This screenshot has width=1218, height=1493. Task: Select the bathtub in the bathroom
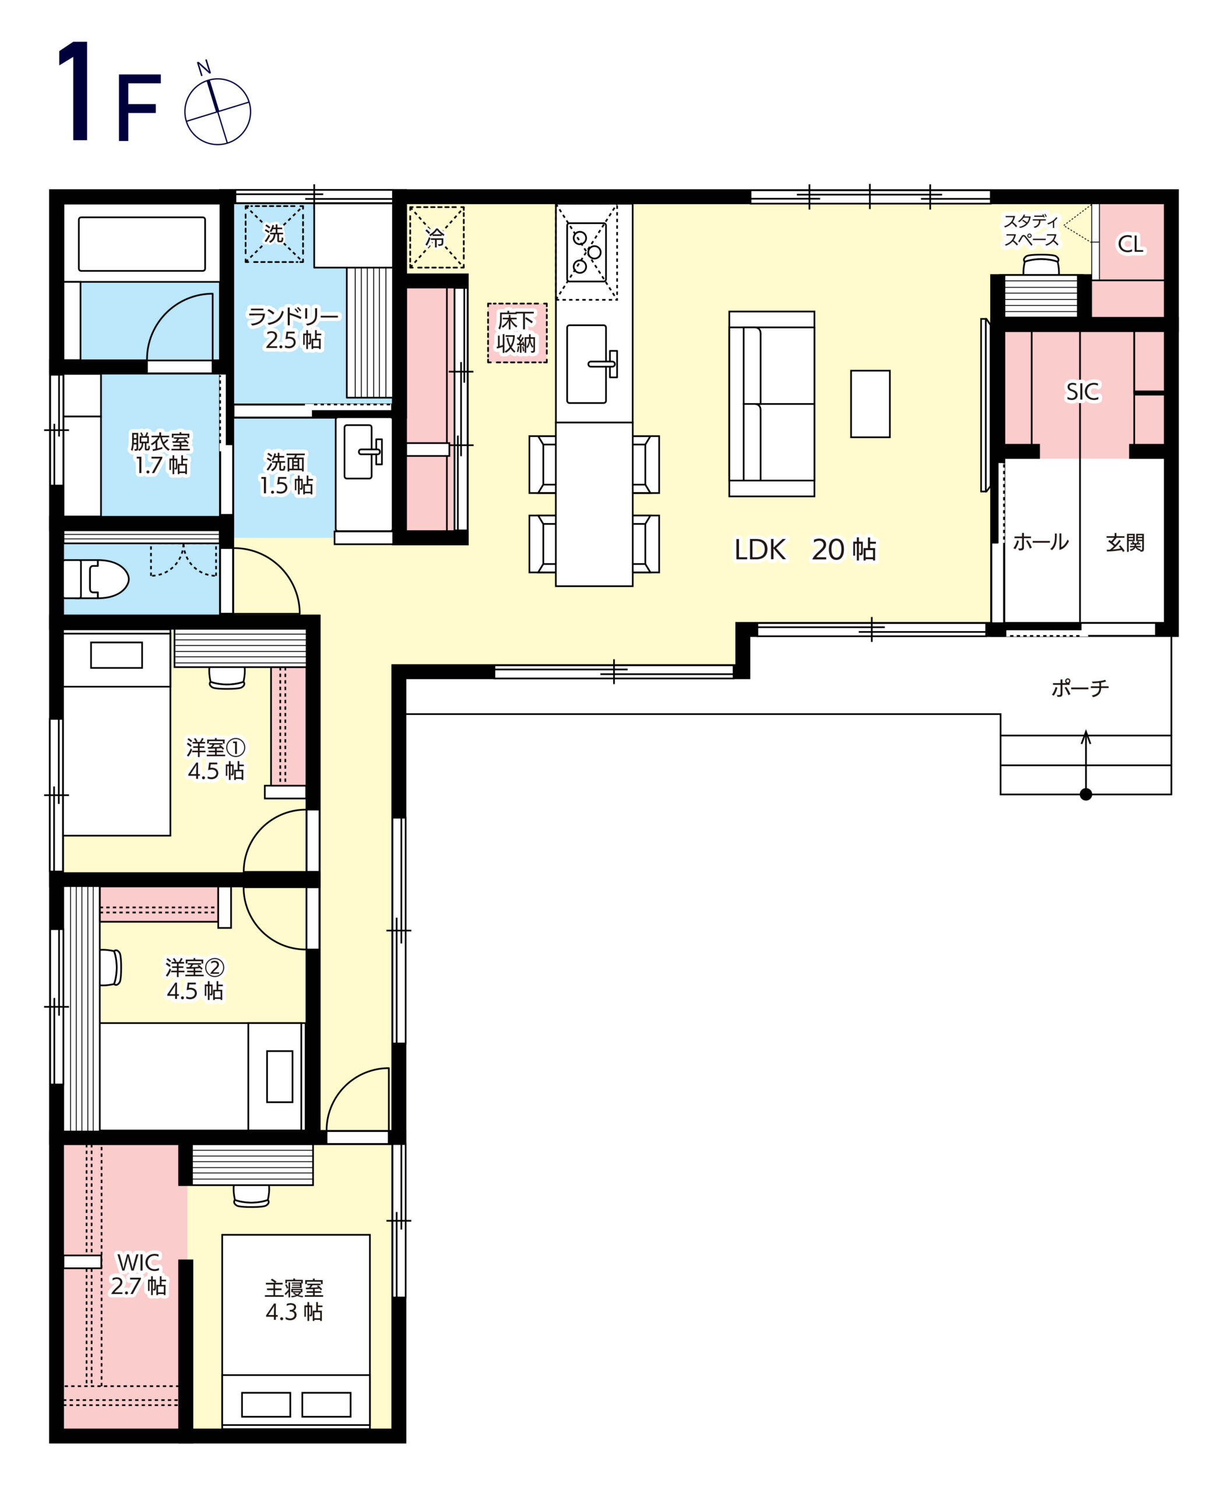coord(142,244)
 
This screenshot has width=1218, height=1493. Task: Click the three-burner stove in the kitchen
coord(586,252)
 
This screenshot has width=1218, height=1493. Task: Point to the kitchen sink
coord(587,363)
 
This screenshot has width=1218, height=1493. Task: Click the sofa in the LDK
coord(771,404)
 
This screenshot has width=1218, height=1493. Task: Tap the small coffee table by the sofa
coord(870,404)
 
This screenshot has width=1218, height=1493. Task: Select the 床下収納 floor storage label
coord(516,332)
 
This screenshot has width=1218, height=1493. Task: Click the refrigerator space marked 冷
coord(436,237)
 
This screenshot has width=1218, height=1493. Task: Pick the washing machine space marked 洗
coord(274,233)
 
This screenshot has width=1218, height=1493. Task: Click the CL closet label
coord(1129,244)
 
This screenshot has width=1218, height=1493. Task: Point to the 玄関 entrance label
coord(1125,542)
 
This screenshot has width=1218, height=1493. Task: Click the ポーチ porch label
coord(1080,688)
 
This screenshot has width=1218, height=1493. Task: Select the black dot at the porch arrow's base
coord(1085,794)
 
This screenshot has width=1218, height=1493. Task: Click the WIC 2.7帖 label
coord(139,1273)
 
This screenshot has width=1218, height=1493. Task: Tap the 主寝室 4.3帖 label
coord(294,1300)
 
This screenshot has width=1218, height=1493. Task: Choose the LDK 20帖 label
coord(805,549)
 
